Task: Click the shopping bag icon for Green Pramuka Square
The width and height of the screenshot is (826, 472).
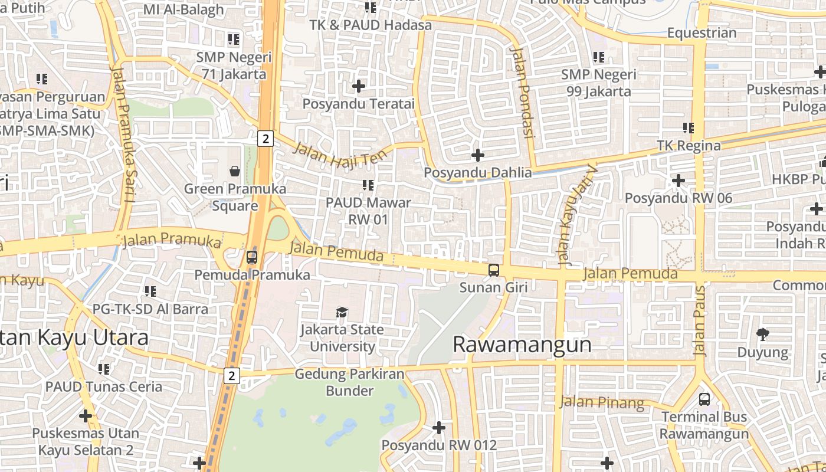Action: tap(235, 171)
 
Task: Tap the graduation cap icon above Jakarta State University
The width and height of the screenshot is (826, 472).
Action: tap(342, 312)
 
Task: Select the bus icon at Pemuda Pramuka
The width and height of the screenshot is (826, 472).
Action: tap(252, 257)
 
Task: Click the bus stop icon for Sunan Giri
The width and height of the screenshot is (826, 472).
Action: tap(494, 270)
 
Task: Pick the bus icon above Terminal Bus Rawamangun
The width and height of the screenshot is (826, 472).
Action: tap(704, 399)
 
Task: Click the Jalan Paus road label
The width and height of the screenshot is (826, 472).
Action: tap(700, 321)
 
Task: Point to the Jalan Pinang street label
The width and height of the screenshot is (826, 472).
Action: tap(602, 402)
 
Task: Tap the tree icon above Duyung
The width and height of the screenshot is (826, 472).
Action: tap(762, 335)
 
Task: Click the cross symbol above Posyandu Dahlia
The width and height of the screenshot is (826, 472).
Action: tap(478, 155)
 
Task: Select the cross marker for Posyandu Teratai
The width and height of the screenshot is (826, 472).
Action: tap(359, 86)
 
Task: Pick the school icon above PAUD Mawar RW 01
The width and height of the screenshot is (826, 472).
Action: tap(368, 185)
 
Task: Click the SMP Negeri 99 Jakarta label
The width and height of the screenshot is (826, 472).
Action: tap(599, 83)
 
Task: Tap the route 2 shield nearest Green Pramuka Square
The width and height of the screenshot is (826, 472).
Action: tap(265, 139)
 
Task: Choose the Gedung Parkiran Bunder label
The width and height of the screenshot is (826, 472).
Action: tap(350, 382)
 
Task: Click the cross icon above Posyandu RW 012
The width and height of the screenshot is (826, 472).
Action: tap(439, 427)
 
